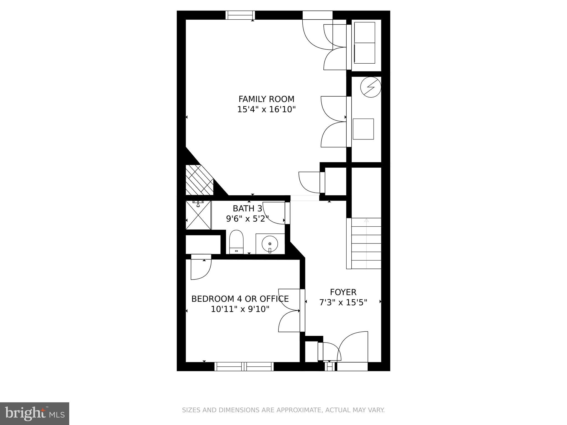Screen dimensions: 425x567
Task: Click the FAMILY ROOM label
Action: point(266,99)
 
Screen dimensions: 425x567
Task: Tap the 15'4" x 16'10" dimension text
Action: point(266,110)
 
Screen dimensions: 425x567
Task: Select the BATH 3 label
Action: point(247,208)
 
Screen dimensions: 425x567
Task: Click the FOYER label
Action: point(343,292)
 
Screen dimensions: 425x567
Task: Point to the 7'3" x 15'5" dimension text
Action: point(343,303)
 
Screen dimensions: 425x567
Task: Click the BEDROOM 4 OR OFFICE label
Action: point(240,299)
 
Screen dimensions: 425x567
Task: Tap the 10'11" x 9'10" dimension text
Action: point(240,309)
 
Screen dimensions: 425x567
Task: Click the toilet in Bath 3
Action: point(236,241)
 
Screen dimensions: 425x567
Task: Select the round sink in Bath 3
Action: point(270,244)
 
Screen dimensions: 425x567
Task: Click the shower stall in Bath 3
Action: point(198,215)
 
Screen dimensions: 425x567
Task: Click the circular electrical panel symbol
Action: point(370,87)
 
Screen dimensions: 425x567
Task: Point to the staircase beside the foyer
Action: point(366,243)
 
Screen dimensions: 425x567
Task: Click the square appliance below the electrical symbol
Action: point(363,129)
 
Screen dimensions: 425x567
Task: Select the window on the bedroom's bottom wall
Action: point(244,366)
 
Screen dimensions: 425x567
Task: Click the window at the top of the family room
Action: point(240,15)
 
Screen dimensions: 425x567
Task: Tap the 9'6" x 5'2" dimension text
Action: point(247,219)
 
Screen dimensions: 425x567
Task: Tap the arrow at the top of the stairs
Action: point(366,221)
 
